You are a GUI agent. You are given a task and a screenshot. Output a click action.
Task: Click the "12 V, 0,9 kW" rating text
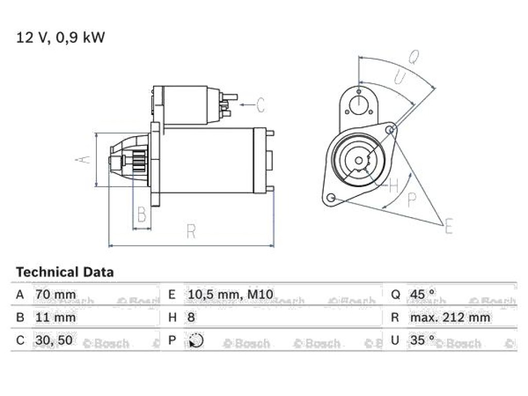coord(61,37)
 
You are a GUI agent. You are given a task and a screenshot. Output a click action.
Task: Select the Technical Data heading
coord(65,272)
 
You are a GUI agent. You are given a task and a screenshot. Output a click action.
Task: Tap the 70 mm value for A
coord(56,294)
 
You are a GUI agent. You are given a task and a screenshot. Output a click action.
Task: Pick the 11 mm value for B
coord(56,317)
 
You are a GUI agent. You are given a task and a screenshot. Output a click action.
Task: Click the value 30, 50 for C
coord(54,340)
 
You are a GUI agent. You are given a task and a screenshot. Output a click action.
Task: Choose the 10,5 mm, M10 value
coord(230,294)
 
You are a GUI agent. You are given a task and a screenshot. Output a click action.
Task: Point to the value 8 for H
coord(191,317)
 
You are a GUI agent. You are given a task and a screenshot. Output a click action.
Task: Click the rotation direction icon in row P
coord(196,340)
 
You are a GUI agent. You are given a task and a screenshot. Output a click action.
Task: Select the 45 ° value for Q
coord(422,294)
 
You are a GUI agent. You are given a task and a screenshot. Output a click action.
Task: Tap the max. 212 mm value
coord(450,317)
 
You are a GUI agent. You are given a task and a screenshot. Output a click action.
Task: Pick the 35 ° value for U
coord(422,340)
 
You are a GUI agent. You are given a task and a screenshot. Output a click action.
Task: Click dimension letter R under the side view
coord(191,232)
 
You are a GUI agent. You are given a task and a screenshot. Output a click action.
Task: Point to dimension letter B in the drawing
coord(142,214)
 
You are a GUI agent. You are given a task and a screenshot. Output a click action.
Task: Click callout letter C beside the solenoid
coord(260,105)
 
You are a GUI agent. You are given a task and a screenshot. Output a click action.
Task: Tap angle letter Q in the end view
coord(414,57)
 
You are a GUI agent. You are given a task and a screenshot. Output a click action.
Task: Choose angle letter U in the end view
coord(400,76)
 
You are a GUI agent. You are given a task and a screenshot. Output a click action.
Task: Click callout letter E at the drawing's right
coord(449,226)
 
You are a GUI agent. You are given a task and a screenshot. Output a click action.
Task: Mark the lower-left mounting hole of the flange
coord(332,197)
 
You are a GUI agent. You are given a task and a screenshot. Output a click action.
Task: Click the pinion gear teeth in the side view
coord(139,161)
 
